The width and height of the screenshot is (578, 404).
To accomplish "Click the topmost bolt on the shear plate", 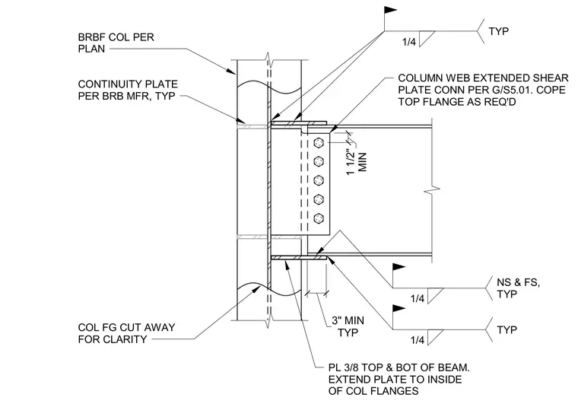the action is click(x=319, y=142).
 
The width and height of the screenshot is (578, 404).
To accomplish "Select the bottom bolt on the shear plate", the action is click(x=319, y=218).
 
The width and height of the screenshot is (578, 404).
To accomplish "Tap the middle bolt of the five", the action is click(x=319, y=180).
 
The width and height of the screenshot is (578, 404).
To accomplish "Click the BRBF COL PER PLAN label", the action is click(x=116, y=43).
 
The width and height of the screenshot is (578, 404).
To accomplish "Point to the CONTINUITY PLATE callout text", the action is click(x=128, y=90).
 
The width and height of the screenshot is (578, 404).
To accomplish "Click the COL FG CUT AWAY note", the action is click(x=126, y=333).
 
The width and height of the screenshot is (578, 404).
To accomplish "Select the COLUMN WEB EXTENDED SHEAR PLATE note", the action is click(x=483, y=90).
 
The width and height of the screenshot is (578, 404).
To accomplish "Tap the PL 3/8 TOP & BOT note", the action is click(x=399, y=380).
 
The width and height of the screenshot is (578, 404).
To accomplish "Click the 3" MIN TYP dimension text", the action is click(x=348, y=326).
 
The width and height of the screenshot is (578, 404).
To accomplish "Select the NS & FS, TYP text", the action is click(x=518, y=288).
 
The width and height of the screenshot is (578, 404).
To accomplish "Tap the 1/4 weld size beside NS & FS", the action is click(x=418, y=298).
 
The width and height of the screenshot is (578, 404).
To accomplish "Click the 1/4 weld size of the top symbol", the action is click(x=409, y=42).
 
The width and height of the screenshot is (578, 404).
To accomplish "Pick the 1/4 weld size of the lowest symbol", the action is click(x=418, y=339).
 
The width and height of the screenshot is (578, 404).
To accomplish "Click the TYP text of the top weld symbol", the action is click(x=499, y=31).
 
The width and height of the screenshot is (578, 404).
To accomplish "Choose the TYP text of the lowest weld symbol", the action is click(x=507, y=330).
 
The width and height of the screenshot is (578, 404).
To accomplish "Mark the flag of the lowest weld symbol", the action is click(x=399, y=308).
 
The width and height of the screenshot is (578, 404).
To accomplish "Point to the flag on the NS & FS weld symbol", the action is click(x=399, y=267).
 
